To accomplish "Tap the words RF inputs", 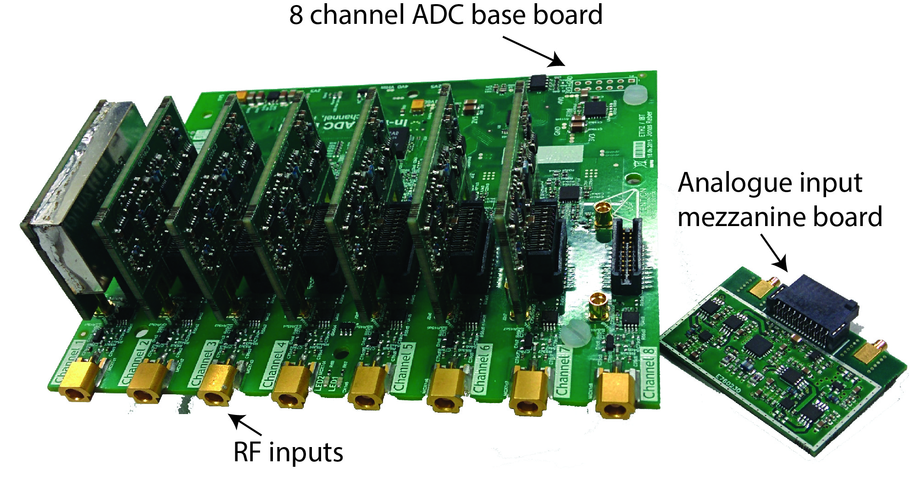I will pos(288,453).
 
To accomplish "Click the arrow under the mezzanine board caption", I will pos(775,253).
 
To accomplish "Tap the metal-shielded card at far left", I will pos(76,206).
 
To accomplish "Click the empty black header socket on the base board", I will pos(627,257).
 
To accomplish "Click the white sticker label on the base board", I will pos(559,155).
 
